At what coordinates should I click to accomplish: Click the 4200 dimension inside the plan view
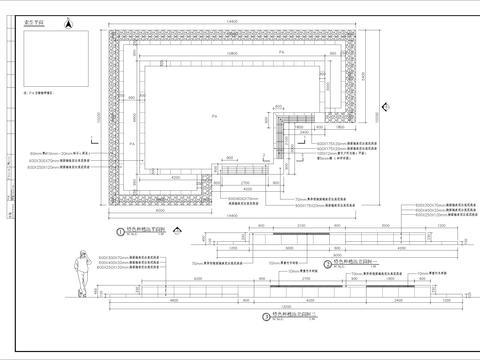click(x=232, y=172)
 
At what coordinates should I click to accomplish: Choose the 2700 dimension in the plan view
click(x=245, y=184)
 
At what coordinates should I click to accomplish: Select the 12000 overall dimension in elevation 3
click(x=285, y=306)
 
